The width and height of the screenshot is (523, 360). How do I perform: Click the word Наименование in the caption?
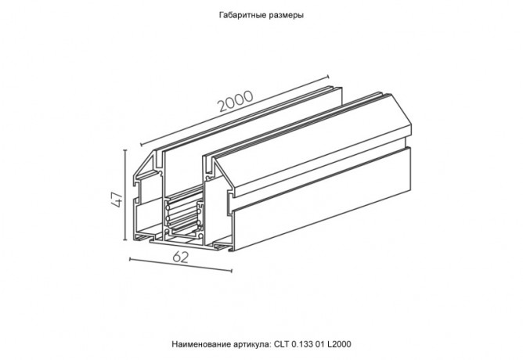tap(199, 344)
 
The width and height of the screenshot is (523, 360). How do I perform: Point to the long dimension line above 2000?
tap(235, 107)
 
